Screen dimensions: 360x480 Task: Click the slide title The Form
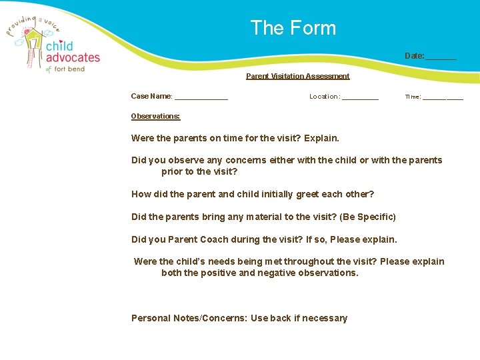pyautogui.click(x=293, y=28)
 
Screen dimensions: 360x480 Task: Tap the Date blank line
pyautogui.click(x=441, y=58)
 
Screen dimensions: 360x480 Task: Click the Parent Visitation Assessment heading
pyautogui.click(x=297, y=76)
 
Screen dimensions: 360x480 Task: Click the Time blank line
pyautogui.click(x=443, y=99)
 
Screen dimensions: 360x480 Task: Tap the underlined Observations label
pyautogui.click(x=155, y=116)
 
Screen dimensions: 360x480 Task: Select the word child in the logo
pyautogui.click(x=59, y=46)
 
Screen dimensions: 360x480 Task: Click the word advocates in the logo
pyautogui.click(x=73, y=57)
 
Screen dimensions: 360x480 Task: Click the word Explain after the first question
pyautogui.click(x=321, y=139)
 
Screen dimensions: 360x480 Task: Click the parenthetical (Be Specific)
pyautogui.click(x=368, y=217)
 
